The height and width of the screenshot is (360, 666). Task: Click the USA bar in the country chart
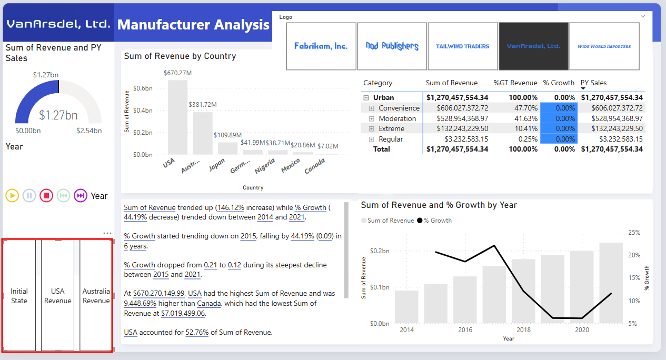(177, 117)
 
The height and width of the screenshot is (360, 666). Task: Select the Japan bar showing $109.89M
(227, 148)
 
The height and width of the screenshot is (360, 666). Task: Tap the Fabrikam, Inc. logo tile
(321, 46)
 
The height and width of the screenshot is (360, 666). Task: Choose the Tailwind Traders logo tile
(463, 46)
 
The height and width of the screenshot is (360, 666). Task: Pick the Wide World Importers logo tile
(604, 46)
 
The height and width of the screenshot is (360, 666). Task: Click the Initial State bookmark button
(19, 296)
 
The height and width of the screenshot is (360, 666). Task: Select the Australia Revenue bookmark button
(96, 296)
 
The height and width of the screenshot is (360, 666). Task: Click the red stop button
(46, 196)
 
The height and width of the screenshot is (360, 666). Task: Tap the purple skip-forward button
(80, 196)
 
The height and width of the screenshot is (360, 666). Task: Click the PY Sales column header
(593, 83)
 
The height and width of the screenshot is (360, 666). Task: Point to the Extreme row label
(391, 129)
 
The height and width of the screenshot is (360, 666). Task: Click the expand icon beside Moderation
(371, 118)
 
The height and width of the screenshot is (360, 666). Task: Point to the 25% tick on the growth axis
(634, 233)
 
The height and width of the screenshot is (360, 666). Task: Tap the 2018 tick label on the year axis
(523, 330)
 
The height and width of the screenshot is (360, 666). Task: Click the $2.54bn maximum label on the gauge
(89, 131)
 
